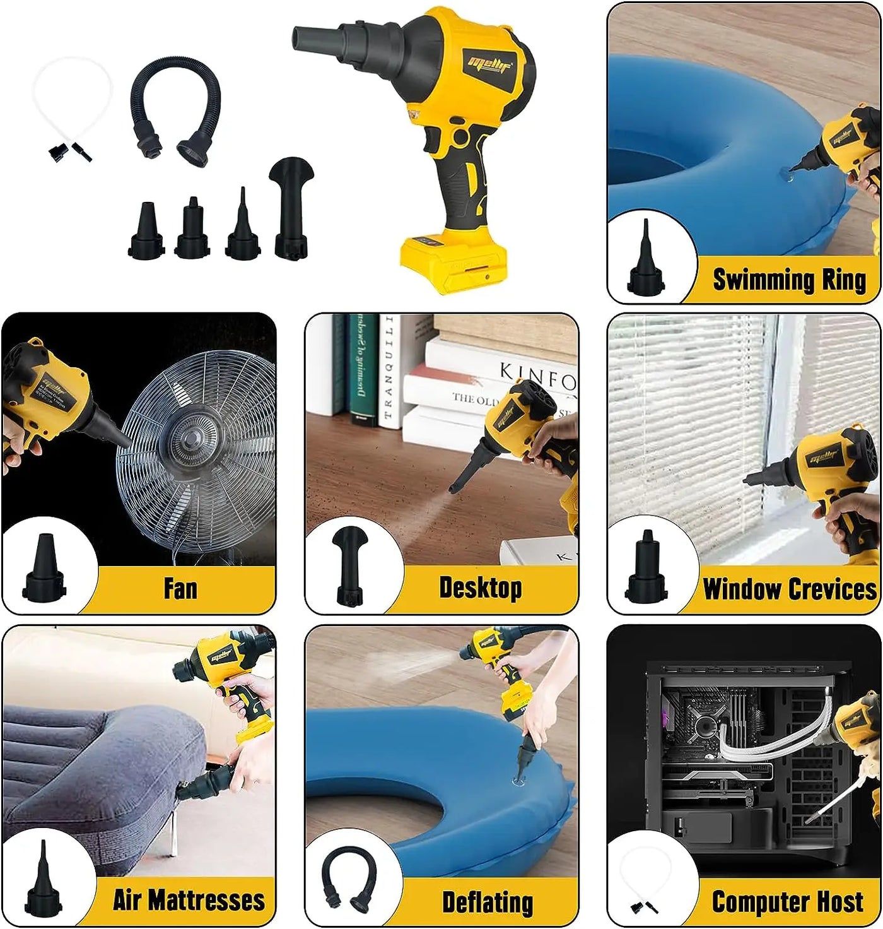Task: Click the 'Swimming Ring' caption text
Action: (789, 280)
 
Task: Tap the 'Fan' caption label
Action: (180, 588)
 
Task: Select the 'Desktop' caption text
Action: (480, 588)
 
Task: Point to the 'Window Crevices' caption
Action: (790, 589)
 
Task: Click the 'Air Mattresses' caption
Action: (189, 900)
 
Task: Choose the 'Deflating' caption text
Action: (487, 902)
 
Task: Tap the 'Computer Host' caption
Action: (787, 902)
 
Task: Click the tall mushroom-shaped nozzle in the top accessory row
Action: (291, 208)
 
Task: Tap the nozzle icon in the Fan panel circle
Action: (44, 568)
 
